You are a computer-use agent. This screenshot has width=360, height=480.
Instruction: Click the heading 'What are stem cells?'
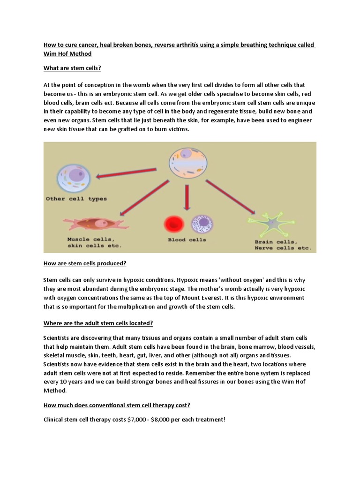coord(72,68)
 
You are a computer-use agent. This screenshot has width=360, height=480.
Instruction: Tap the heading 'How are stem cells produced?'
coord(85,263)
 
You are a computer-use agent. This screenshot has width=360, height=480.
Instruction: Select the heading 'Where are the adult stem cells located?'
coord(98,323)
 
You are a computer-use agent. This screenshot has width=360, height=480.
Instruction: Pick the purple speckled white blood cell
coord(202,224)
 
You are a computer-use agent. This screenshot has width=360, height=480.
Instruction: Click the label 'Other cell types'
coord(76,199)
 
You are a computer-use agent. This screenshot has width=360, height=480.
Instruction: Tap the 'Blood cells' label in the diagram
coord(187,240)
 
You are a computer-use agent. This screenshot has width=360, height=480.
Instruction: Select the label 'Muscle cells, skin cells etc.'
coord(94,242)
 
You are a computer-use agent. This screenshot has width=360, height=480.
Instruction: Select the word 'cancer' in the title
coord(86,45)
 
